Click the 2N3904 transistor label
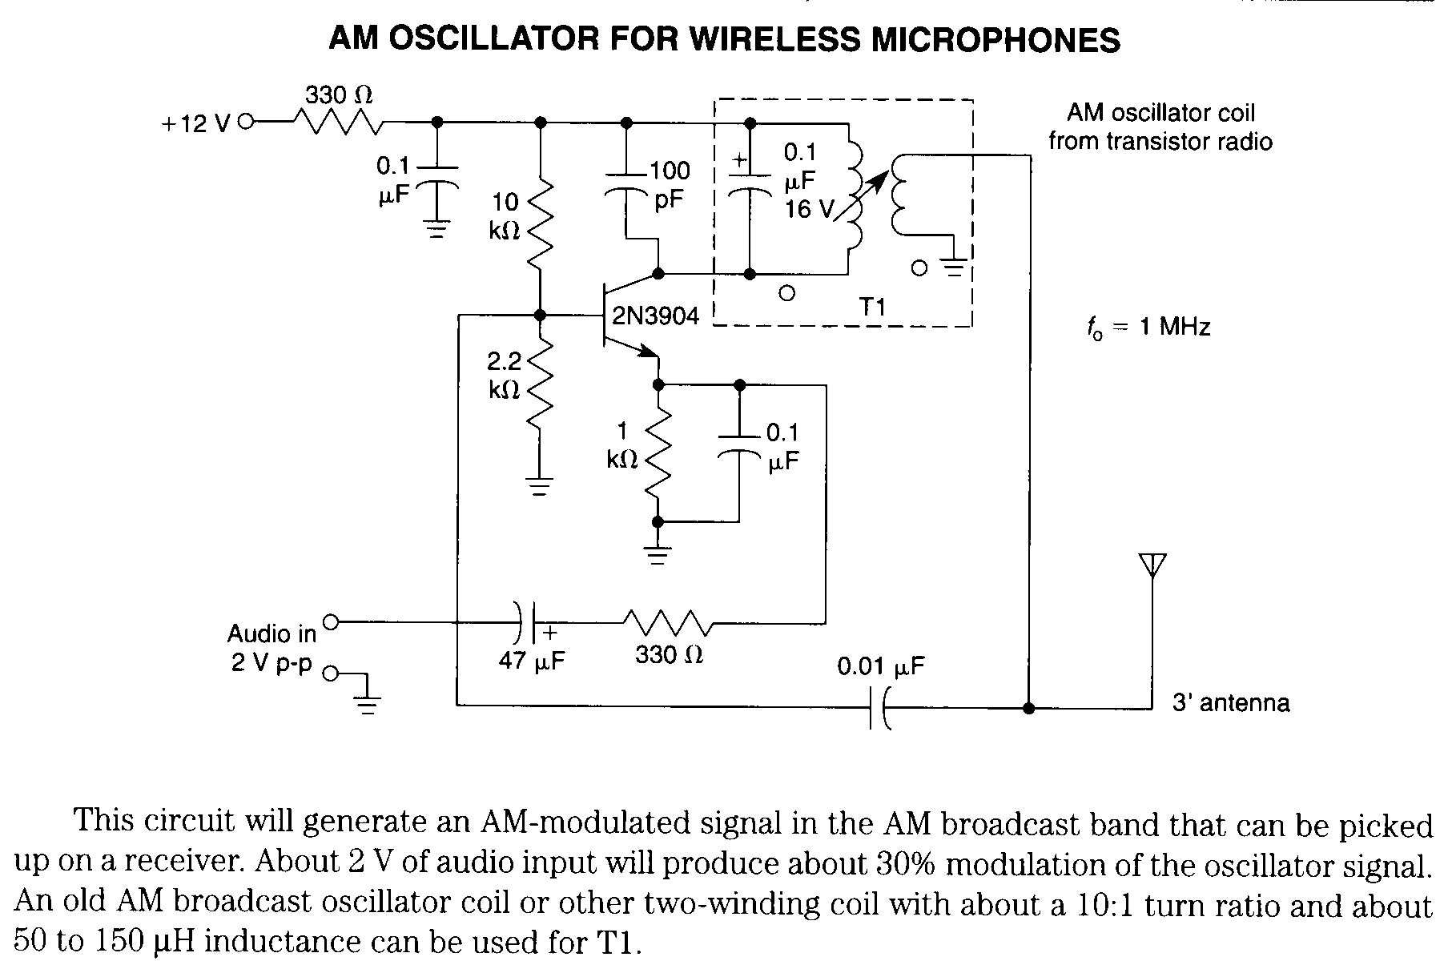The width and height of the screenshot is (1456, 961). tap(655, 316)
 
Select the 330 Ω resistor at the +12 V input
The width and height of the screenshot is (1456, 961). tap(338, 123)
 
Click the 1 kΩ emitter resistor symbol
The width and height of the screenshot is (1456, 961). tap(658, 453)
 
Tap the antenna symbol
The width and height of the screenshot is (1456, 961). tap(1152, 565)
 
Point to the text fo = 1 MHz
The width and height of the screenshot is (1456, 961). tap(1148, 328)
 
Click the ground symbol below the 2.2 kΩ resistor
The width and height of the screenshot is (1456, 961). tap(541, 486)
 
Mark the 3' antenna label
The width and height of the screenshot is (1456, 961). tap(1230, 703)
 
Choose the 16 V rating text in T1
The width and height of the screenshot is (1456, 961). tap(809, 209)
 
